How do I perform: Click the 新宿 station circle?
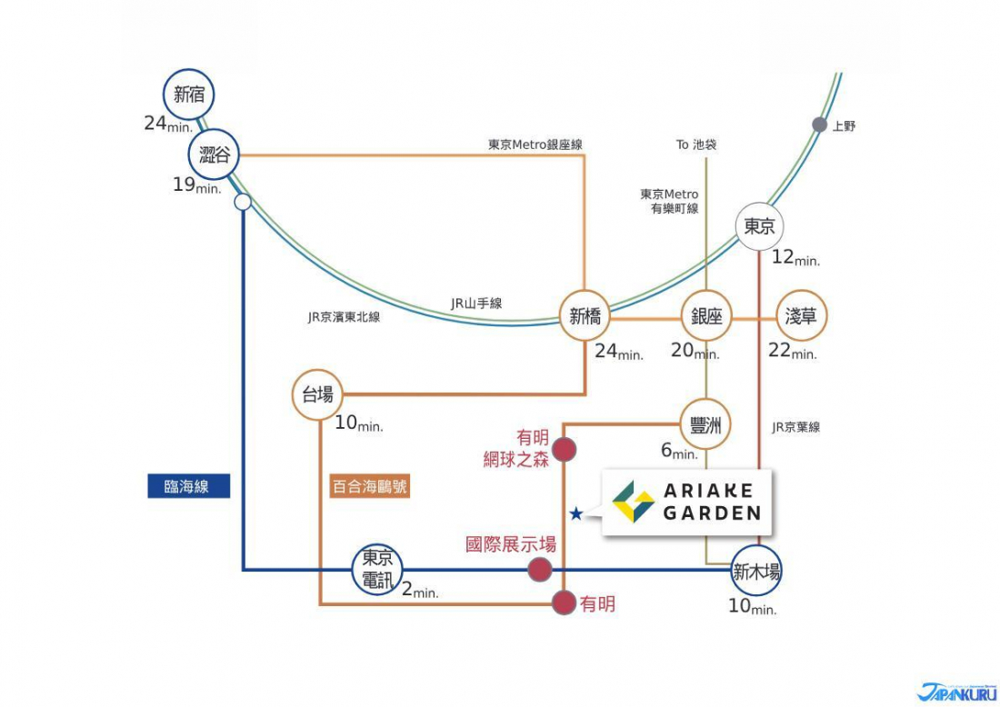tap(189, 95)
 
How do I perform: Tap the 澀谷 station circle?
tap(214, 154)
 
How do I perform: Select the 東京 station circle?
tap(759, 227)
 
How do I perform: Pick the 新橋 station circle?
tap(585, 316)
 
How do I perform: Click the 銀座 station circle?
tap(706, 316)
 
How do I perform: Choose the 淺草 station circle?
tap(801, 316)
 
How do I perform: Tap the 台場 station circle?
tap(317, 394)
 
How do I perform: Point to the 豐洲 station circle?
tap(705, 424)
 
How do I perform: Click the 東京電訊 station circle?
tap(377, 570)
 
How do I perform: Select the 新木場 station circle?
tap(756, 571)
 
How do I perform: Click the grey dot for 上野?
tap(819, 125)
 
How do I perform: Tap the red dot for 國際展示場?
tap(539, 569)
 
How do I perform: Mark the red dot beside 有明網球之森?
tap(564, 450)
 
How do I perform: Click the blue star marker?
tap(575, 513)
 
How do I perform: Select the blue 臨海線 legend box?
tap(189, 486)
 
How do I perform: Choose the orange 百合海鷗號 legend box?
tap(370, 486)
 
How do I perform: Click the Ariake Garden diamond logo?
tap(633, 502)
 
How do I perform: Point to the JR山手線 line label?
tap(476, 304)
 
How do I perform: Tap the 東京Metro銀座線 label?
tap(535, 144)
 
